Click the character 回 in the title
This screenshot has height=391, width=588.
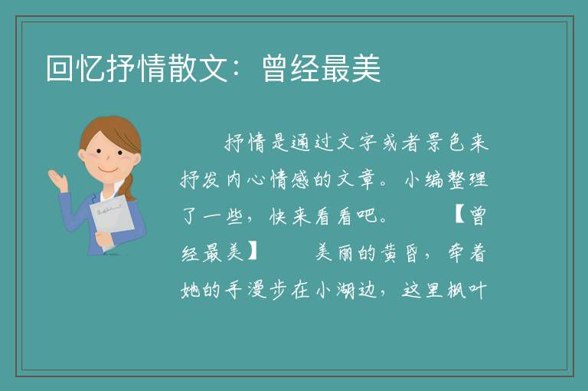pyautogui.click(x=60, y=68)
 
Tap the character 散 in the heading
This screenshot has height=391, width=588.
pyautogui.click(x=183, y=68)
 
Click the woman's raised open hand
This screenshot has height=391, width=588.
pyautogui.click(x=58, y=180)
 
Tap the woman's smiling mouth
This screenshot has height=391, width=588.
pyautogui.click(x=109, y=169)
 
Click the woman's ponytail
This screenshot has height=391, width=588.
pyautogui.click(x=129, y=187)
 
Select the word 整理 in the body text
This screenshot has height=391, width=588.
pyautogui.click(x=467, y=179)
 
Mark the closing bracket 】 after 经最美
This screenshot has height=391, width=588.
pyautogui.click(x=253, y=252)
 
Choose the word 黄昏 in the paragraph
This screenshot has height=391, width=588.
pyautogui.click(x=401, y=252)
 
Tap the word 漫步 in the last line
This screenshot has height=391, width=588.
pyautogui.click(x=269, y=290)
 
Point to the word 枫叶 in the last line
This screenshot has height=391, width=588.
pyautogui.click(x=467, y=290)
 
